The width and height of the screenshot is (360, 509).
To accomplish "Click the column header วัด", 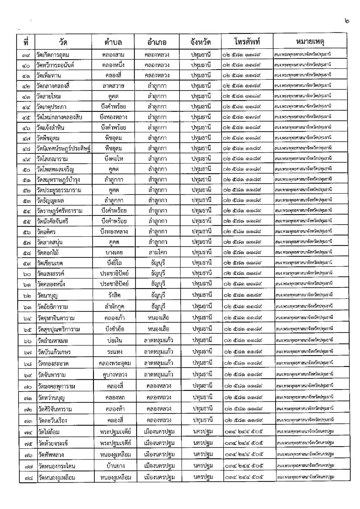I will (x=63, y=42).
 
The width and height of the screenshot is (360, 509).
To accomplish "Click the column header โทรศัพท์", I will (x=247, y=42).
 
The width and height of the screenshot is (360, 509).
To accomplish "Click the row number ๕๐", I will (x=26, y=170).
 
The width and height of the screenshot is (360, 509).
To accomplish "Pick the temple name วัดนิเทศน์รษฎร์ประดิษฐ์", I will (x=63, y=148).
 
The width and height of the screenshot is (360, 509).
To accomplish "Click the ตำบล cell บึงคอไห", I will (x=113, y=159).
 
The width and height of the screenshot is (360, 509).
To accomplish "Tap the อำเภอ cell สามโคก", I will (x=158, y=253).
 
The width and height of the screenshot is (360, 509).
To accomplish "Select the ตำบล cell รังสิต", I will (x=114, y=295).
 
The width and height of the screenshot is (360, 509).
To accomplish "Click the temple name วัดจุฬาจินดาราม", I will (x=56, y=318).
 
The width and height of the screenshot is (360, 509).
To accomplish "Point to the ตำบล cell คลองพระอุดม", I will (x=115, y=364).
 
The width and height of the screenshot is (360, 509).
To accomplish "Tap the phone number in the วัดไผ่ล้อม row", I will (x=244, y=432).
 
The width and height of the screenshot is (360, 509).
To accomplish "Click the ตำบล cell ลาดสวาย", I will (x=113, y=86).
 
